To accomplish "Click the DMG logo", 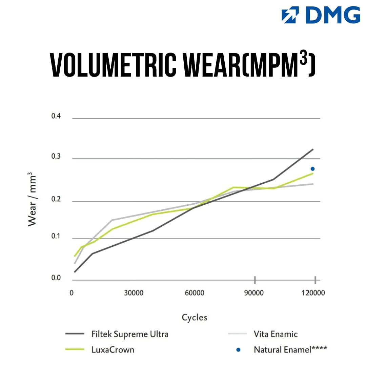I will [x=321, y=15].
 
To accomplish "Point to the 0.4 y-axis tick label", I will [x=56, y=116].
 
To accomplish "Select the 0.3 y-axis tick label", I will [x=56, y=157].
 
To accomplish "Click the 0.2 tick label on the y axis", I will [x=56, y=199].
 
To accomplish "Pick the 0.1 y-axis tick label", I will [x=56, y=237].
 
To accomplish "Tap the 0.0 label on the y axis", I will [x=56, y=278].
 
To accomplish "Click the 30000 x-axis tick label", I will [x=134, y=293].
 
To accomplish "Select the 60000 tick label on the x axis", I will [x=194, y=293].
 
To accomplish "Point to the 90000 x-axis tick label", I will [x=254, y=293].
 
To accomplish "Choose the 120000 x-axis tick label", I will [x=313, y=293].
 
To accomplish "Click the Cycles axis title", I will [x=194, y=318].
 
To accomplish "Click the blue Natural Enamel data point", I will [x=312, y=169].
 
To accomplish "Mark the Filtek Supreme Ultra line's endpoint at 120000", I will [x=312, y=149].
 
